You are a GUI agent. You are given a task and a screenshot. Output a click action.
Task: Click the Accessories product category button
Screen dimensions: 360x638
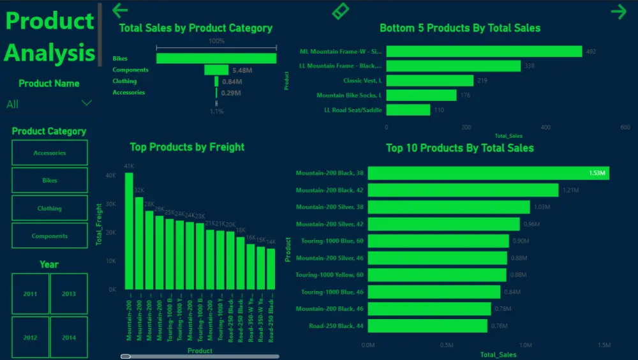(x=50, y=153)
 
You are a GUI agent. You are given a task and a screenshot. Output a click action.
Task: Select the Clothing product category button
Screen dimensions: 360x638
(x=50, y=208)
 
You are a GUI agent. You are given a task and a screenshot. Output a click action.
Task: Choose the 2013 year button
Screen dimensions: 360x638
(x=68, y=294)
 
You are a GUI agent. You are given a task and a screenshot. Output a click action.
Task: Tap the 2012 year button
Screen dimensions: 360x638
(x=30, y=338)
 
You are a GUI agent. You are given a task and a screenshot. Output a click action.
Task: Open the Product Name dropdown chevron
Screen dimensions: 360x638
(x=87, y=103)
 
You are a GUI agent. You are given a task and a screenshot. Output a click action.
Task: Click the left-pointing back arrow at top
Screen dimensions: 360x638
(x=120, y=10)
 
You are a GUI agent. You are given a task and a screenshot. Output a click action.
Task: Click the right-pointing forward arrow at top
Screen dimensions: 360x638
(x=618, y=11)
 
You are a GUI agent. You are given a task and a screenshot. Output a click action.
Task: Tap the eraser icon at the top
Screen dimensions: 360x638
(x=341, y=11)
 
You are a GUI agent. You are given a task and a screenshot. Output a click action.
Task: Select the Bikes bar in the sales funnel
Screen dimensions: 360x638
(x=216, y=58)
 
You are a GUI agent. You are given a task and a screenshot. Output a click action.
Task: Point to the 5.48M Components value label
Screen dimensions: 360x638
(x=242, y=70)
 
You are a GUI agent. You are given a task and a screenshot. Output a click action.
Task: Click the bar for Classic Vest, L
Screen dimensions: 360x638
(x=429, y=80)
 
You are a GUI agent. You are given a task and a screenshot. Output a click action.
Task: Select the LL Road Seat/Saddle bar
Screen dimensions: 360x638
(x=408, y=110)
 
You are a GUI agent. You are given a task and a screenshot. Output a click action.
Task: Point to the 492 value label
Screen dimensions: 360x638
(x=591, y=52)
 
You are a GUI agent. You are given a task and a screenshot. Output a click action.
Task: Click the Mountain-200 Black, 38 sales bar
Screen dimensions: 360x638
(x=488, y=173)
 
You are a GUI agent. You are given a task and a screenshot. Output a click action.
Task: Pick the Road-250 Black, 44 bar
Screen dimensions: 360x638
(x=427, y=326)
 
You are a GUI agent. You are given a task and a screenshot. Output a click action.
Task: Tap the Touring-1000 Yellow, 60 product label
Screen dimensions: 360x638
(x=329, y=274)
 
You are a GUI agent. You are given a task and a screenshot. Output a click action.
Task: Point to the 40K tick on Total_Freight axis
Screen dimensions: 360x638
(x=111, y=176)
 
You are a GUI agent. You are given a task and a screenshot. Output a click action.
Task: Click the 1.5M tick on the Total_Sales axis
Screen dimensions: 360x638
(x=604, y=345)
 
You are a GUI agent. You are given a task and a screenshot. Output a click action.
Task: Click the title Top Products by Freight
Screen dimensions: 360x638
(x=187, y=147)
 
